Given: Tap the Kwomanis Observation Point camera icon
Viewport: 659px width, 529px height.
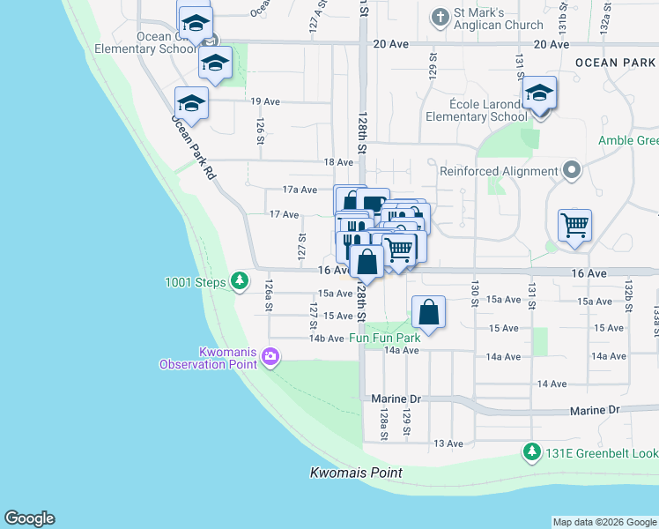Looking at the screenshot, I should tap(270, 357).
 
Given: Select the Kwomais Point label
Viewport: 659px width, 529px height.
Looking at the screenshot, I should tap(356, 473).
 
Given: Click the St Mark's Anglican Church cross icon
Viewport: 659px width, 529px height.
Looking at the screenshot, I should tap(439, 17).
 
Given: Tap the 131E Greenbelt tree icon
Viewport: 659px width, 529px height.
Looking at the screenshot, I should tap(531, 452).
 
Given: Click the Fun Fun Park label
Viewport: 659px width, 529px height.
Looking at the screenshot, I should tap(385, 338).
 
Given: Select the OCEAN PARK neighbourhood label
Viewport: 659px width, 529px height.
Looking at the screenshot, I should tap(615, 63).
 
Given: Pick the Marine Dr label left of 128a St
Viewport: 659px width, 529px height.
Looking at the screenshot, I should tap(396, 399).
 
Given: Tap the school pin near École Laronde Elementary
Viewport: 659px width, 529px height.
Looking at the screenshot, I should tap(538, 93).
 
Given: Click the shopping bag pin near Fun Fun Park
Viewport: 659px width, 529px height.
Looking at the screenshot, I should tap(428, 313).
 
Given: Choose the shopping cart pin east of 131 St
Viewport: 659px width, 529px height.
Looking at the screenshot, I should tap(574, 225).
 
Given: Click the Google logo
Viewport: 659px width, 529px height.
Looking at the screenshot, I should tap(29, 518).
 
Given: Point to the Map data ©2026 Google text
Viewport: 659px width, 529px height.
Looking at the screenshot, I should tap(604, 522).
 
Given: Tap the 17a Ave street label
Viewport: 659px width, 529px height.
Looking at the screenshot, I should tap(300, 190).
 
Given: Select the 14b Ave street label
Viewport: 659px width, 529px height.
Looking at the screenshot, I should tap(326, 339).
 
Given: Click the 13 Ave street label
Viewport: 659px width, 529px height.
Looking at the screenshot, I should tap(448, 443).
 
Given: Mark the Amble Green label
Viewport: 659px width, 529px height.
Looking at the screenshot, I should tap(628, 141).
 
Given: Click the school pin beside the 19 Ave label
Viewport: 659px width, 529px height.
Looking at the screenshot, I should tap(191, 103).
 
